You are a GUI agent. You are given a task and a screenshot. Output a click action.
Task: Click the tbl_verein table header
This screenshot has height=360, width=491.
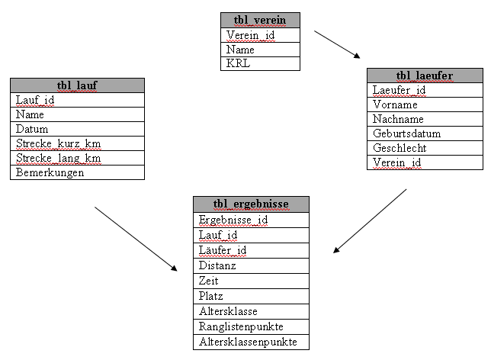(260, 21)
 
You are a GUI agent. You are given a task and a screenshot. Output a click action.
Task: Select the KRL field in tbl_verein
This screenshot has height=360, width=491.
(260, 63)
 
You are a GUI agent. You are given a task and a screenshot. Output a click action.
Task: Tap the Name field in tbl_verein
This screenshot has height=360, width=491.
(260, 50)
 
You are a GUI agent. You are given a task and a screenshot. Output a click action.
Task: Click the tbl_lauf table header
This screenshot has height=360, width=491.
(77, 85)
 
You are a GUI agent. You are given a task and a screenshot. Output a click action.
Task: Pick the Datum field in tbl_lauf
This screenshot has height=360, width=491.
(77, 129)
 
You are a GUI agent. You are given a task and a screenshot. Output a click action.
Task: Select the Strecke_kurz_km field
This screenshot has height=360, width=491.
(77, 143)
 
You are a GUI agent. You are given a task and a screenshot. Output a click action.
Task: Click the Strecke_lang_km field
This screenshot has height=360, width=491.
(77, 158)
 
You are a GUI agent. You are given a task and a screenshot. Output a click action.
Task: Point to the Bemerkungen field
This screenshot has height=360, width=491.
(77, 172)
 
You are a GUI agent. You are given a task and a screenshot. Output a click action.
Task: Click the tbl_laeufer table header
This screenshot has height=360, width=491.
(425, 76)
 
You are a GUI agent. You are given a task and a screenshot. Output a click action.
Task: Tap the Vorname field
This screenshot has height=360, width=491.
(425, 104)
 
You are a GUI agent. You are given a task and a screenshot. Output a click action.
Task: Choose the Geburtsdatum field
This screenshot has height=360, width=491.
(425, 133)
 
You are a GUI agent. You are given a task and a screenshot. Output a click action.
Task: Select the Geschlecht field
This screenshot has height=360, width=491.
(425, 148)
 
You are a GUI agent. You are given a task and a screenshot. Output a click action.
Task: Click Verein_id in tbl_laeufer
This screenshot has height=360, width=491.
(425, 162)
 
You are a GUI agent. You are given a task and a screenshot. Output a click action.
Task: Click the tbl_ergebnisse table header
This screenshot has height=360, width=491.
(251, 204)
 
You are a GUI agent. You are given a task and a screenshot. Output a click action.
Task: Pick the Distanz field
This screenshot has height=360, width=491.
(251, 265)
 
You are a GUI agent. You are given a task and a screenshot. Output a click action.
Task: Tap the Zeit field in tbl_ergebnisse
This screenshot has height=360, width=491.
(251, 281)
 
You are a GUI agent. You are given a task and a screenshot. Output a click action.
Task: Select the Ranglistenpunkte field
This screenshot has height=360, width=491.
(251, 326)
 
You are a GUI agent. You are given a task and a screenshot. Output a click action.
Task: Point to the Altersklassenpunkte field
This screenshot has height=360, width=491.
(251, 342)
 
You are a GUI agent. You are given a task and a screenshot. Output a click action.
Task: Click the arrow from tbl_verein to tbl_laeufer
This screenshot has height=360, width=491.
(337, 44)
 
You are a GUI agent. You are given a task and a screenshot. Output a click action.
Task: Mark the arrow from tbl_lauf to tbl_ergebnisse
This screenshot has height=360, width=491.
(136, 239)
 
